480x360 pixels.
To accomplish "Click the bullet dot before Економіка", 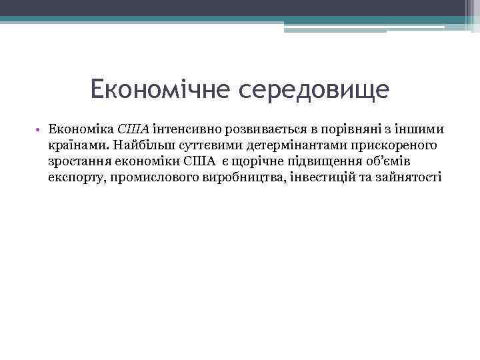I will (40, 129).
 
